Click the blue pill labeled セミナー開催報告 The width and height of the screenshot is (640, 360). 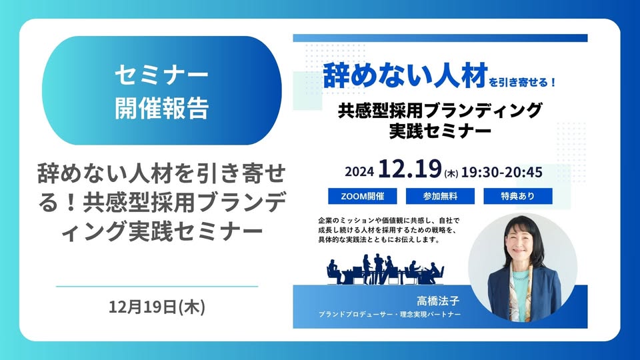point(161,90)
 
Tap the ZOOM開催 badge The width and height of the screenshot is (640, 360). point(363,196)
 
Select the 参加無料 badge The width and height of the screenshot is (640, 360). point(440,196)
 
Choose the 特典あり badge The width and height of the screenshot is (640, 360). point(518,196)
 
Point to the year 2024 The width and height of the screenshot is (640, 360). point(359,171)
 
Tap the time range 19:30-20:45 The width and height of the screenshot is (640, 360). point(501,172)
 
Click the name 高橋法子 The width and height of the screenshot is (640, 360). point(438,301)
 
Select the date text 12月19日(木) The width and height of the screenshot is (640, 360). point(157,307)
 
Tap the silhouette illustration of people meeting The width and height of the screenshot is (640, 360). point(385,269)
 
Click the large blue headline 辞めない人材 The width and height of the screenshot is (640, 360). point(405,75)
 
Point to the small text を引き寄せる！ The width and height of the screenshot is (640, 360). point(523,82)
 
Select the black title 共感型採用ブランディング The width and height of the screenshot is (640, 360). point(440,110)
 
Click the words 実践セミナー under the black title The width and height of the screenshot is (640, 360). point(440,131)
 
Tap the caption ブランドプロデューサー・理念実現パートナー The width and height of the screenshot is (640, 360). point(389,314)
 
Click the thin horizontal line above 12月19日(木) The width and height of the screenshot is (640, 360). point(157,287)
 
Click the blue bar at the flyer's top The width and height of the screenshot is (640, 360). point(440,38)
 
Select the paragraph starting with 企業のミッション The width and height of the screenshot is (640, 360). point(389,230)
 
